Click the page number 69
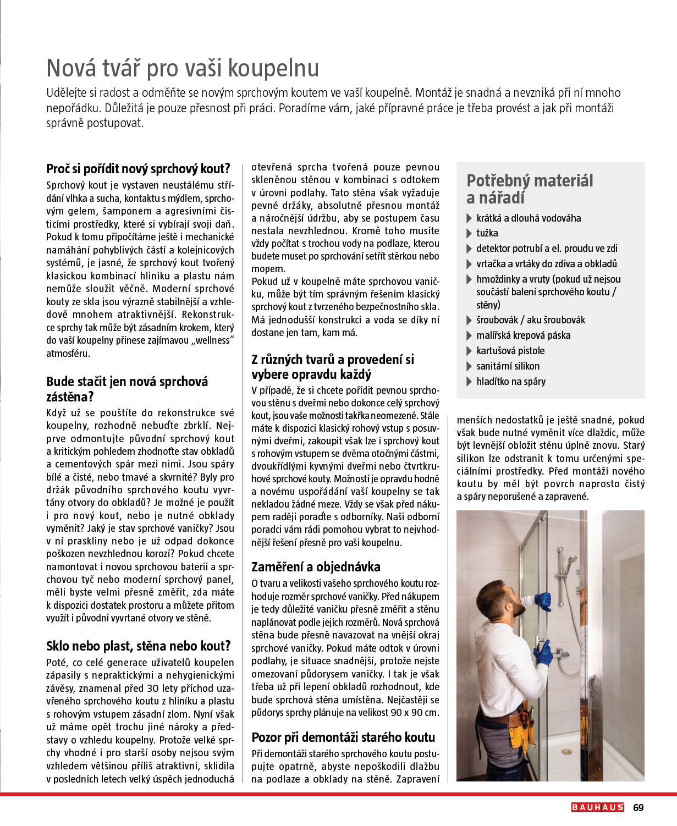[x=638, y=808]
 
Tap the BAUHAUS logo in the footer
[x=597, y=808]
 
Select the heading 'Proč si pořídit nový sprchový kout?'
[x=138, y=169]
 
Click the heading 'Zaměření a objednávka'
[x=316, y=567]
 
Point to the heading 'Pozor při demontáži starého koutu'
[x=343, y=737]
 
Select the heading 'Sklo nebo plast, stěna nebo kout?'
[x=138, y=646]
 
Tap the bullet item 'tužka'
[x=487, y=233]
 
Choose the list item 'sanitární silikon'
[x=508, y=366]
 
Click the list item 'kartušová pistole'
[x=510, y=351]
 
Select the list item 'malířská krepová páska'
[x=523, y=335]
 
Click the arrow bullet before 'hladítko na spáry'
[x=469, y=382]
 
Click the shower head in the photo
[x=572, y=560]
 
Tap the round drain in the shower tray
[x=566, y=751]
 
